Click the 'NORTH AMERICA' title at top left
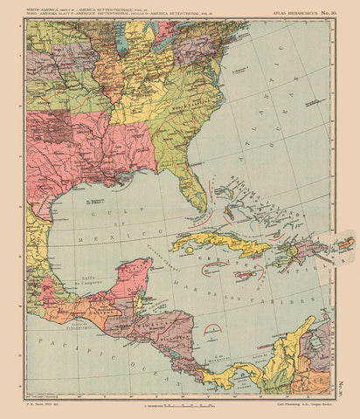coord(48,8)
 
